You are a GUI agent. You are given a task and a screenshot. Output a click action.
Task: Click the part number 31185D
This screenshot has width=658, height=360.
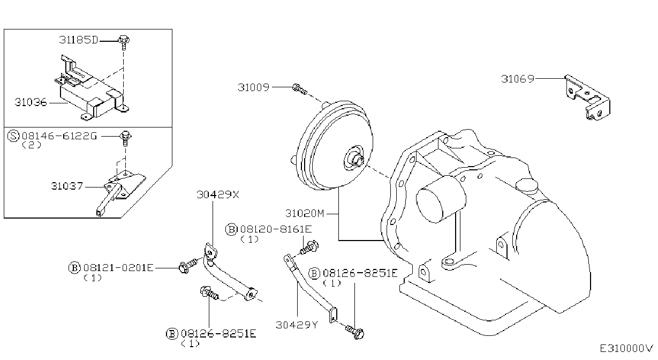[x=78, y=40]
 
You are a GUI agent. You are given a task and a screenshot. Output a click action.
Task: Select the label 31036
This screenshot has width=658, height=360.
[x=31, y=102]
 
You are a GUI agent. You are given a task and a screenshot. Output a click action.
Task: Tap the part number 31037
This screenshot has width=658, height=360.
[x=67, y=186]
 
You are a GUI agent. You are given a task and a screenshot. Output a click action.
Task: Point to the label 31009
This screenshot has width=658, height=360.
[x=253, y=87]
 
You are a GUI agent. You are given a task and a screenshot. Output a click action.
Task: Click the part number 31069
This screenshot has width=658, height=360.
[x=517, y=79]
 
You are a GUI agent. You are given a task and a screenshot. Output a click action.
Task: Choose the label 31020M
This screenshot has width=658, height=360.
[x=305, y=213]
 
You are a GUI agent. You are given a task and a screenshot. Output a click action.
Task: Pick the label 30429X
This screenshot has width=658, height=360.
[x=218, y=194]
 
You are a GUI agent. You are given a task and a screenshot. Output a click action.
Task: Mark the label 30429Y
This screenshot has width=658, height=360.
[x=297, y=325]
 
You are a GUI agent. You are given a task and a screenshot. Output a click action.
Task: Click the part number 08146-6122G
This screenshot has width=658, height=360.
[x=59, y=136]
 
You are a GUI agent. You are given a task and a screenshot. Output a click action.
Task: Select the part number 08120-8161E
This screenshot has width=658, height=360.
[x=276, y=229]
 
